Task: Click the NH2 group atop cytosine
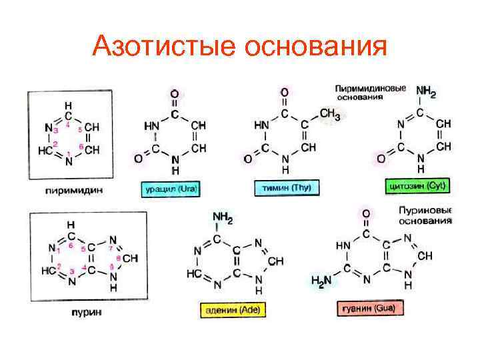coord(425,91)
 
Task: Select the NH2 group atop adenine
coord(222,218)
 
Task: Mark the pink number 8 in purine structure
coord(118,258)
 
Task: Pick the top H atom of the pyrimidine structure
coord(68,105)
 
